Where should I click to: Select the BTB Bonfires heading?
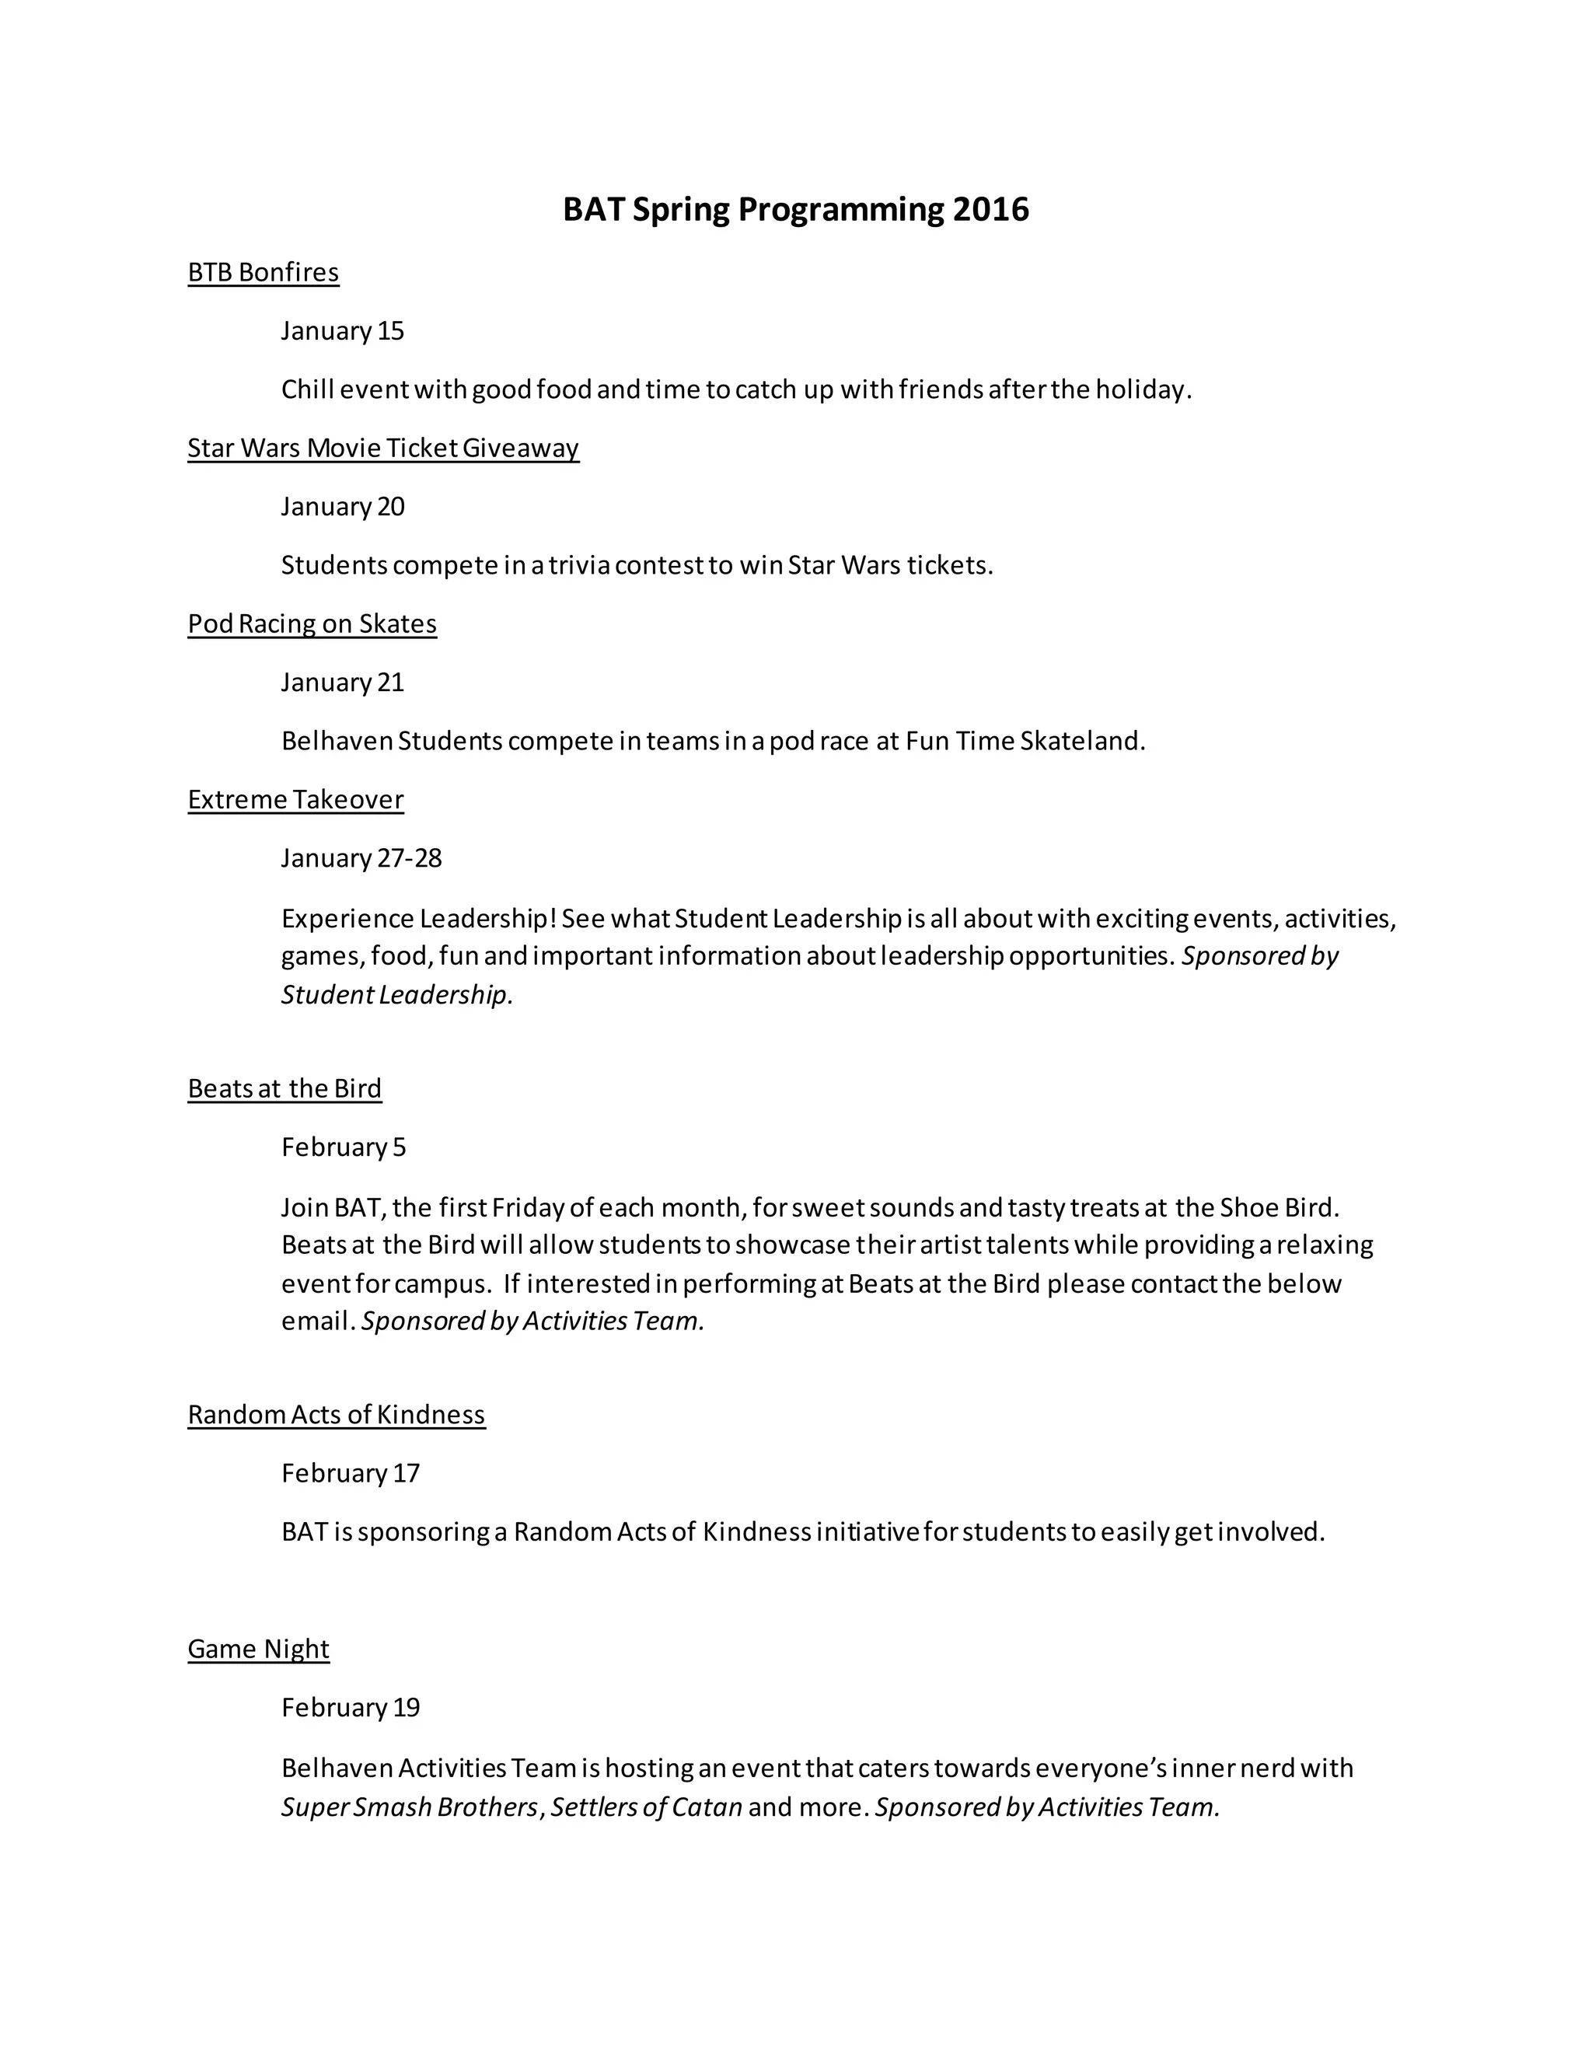coord(264,273)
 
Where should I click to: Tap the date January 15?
coord(342,331)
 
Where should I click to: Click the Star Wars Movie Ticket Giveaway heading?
coord(383,448)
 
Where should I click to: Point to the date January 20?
coord(342,507)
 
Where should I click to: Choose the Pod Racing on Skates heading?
coord(312,624)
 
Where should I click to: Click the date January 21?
coord(342,683)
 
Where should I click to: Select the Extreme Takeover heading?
coord(295,800)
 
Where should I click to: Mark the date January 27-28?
coord(361,858)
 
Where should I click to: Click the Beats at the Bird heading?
coord(285,1088)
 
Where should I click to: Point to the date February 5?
coord(344,1147)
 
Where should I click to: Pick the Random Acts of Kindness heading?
coord(337,1415)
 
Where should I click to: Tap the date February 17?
coord(350,1473)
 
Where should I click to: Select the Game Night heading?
coord(258,1649)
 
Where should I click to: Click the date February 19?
coord(350,1707)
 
